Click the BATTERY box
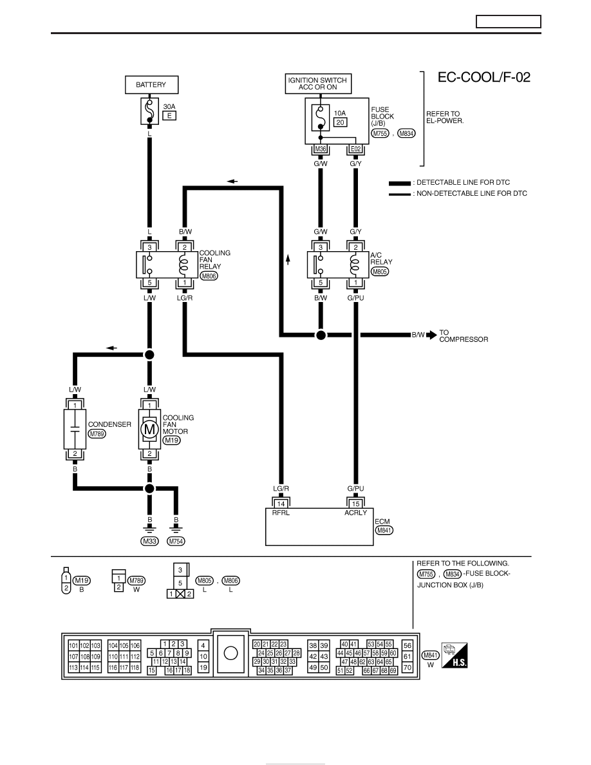point(152,84)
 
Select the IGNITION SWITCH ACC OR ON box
point(318,84)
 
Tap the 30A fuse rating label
point(169,106)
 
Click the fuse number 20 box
point(341,122)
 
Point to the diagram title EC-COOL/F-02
point(483,77)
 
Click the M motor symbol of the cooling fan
point(150,430)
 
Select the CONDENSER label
point(109,424)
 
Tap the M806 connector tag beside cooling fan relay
point(209,276)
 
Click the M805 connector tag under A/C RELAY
point(380,271)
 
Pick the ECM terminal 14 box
point(281,504)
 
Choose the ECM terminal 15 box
point(355,504)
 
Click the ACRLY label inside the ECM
point(355,513)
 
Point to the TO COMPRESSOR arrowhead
point(431,335)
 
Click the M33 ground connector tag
point(150,541)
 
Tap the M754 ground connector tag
point(176,541)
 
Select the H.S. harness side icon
point(455,656)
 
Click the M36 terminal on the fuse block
point(321,149)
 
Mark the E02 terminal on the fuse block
point(355,149)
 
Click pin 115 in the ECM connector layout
point(95,667)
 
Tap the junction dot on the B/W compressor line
point(321,335)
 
